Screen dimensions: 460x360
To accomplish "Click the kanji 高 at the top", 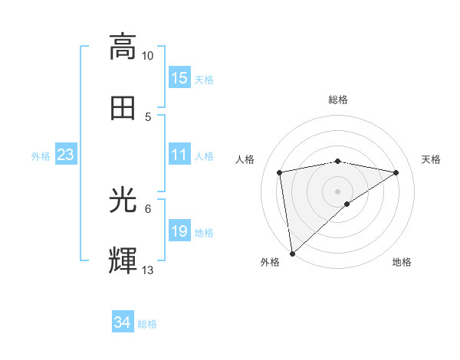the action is tap(123, 47).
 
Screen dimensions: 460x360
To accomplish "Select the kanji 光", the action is tap(123, 201).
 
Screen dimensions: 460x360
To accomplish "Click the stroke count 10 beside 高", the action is tap(148, 56).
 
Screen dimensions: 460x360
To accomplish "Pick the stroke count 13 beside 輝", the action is tap(148, 270).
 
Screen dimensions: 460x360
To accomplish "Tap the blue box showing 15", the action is tap(179, 78).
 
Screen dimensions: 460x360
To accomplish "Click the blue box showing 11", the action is tap(179, 155).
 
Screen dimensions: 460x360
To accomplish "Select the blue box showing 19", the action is tap(179, 231).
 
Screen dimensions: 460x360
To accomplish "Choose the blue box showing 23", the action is tap(66, 155).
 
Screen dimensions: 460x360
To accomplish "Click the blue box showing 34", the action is tap(122, 322).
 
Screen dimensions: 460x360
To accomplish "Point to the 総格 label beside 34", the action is tap(147, 324).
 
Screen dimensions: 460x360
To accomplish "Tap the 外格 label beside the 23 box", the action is tap(41, 156).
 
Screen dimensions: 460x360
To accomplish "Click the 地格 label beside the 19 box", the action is tap(204, 233).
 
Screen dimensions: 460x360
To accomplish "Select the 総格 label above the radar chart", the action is tap(338, 100).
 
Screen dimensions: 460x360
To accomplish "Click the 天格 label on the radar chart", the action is tap(432, 159).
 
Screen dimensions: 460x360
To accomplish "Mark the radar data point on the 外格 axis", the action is tap(292, 254).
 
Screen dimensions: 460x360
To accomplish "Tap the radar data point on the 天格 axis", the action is tap(396, 172).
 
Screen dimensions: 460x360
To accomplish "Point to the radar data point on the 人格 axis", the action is tap(280, 172).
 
